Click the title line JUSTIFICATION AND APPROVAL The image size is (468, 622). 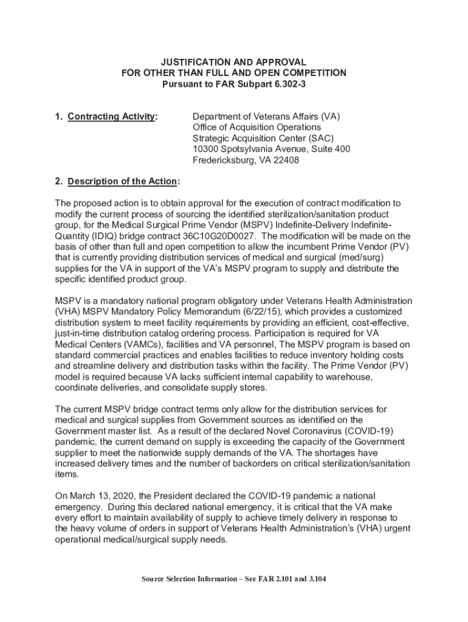click(x=233, y=63)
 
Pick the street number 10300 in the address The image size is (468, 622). click(x=205, y=149)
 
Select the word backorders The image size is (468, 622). click(x=281, y=463)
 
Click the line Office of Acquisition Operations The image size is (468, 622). click(x=256, y=128)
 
